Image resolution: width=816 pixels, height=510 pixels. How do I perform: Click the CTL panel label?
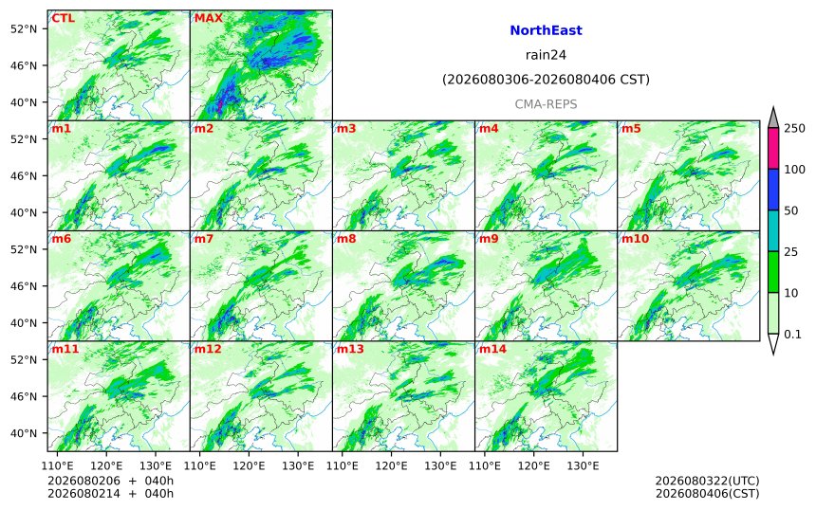(63, 19)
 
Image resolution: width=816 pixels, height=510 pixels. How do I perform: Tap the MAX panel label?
(208, 19)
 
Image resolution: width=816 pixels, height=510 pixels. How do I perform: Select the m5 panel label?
(631, 128)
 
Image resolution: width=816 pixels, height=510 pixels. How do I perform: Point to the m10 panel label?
(635, 239)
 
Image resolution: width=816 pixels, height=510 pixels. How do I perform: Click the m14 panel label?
(492, 349)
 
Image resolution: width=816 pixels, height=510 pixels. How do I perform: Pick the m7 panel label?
(204, 239)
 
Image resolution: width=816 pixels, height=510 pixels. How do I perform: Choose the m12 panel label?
(208, 349)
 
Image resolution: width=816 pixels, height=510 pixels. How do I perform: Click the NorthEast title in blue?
(546, 30)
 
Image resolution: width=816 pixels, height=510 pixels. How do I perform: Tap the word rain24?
(546, 55)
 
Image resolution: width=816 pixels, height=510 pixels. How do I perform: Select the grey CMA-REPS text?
(546, 104)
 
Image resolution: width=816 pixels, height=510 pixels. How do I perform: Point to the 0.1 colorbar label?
(792, 335)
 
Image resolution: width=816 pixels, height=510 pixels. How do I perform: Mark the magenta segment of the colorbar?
(773, 148)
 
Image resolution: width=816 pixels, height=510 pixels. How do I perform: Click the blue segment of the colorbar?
(773, 190)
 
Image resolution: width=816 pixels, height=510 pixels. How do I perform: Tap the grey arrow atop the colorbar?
(773, 118)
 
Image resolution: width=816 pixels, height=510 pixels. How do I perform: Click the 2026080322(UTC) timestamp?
(707, 481)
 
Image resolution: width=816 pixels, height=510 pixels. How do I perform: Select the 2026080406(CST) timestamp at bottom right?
(707, 494)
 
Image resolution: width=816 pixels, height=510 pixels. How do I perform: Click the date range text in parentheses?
(546, 80)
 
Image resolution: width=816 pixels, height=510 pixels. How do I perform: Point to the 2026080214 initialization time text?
(83, 494)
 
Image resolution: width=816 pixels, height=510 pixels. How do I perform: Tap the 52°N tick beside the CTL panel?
(24, 29)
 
